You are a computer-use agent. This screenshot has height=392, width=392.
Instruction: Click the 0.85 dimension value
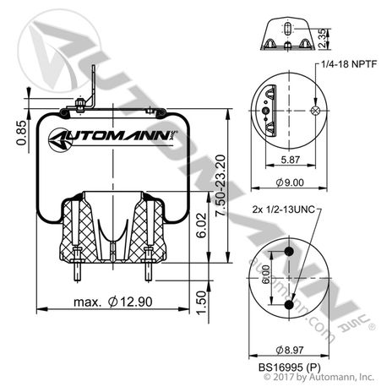[x=21, y=133]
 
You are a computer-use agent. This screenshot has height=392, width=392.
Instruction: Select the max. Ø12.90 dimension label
[x=113, y=302]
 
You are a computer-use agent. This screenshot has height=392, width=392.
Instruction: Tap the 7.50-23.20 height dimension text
[x=220, y=185]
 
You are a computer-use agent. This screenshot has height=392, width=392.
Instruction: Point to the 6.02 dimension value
[x=201, y=226]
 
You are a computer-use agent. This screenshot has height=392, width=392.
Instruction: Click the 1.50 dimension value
[x=201, y=303]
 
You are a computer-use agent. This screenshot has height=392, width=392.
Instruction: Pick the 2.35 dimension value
[x=323, y=38]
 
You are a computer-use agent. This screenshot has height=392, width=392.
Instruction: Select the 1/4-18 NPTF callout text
[x=349, y=64]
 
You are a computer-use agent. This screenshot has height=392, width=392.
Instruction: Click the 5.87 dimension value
[x=291, y=160]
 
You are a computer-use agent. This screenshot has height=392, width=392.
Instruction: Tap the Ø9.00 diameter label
[x=290, y=182]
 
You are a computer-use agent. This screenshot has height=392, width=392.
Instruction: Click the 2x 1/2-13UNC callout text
[x=283, y=210]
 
